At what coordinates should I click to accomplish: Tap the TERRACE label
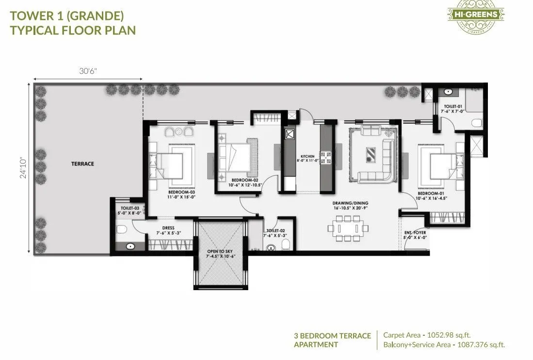click(x=83, y=164)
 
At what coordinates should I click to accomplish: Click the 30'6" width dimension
click(x=88, y=71)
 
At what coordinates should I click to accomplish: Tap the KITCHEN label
click(x=307, y=157)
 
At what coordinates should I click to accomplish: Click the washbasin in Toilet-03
click(x=130, y=246)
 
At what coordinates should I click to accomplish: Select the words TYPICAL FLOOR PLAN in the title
click(x=73, y=30)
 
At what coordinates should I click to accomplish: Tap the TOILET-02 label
click(x=273, y=233)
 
